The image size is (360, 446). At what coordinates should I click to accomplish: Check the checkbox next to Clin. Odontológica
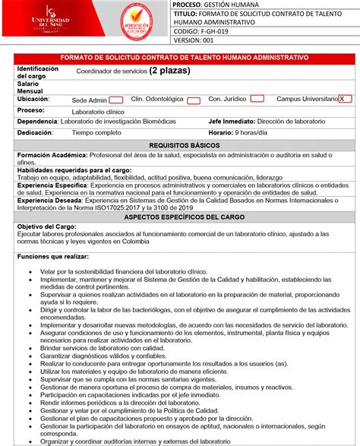[193, 100]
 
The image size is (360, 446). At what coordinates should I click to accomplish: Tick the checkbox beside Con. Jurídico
[257, 99]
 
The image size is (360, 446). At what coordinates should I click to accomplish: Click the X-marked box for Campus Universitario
[346, 99]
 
